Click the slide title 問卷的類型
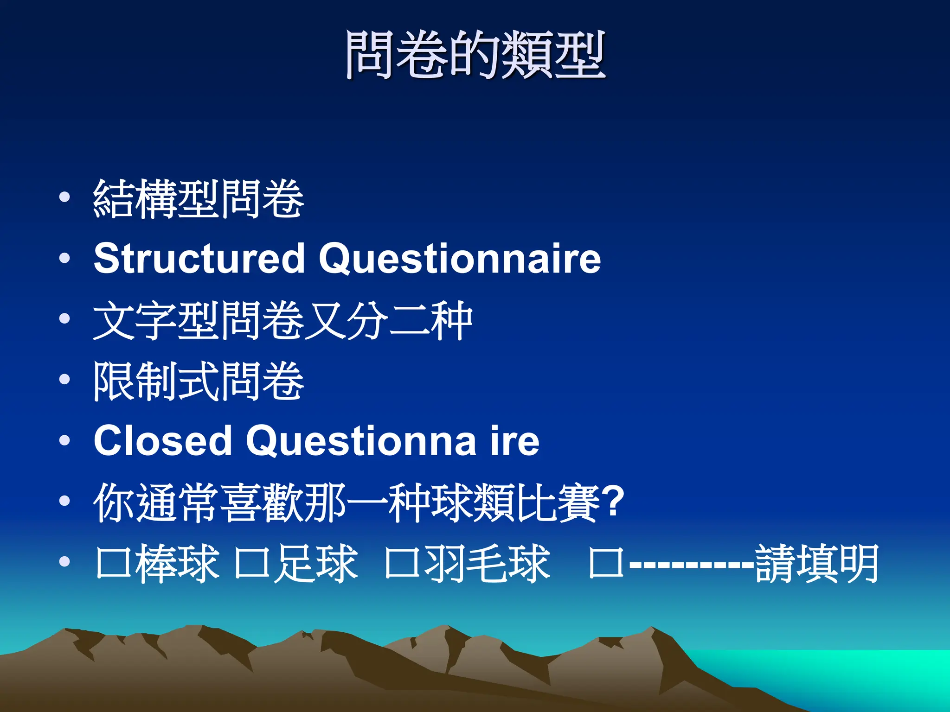coord(475,55)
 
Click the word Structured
coord(199,258)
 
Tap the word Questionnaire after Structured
coord(460,258)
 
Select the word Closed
coord(162,440)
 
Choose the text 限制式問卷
coord(199,381)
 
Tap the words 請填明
coord(816,563)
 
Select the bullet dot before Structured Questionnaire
coord(65,258)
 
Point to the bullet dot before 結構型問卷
coord(65,197)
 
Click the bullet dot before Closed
coord(65,440)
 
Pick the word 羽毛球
coord(487,563)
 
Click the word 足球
coord(315,563)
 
